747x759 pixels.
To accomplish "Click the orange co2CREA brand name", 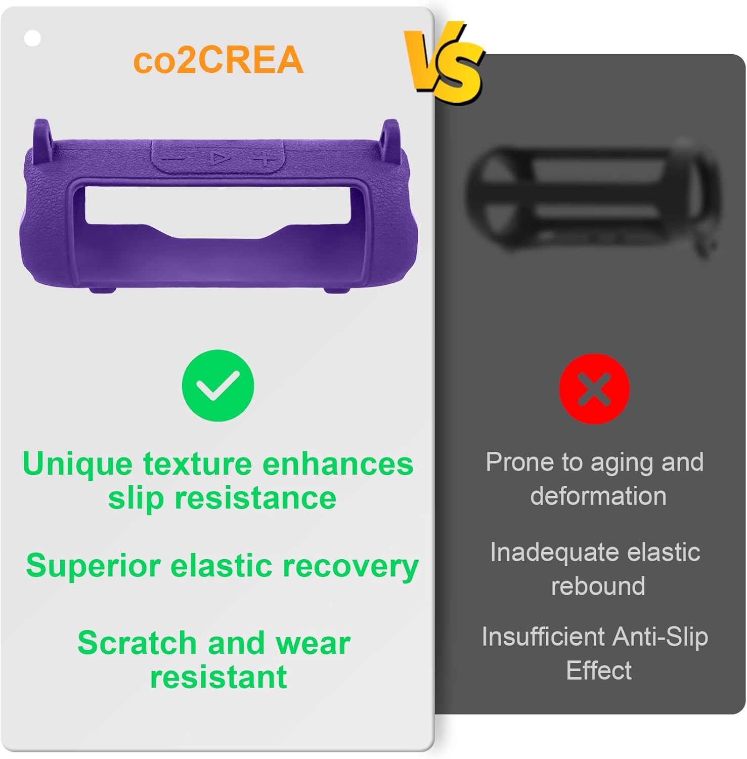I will [218, 60].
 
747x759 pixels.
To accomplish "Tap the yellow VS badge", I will [444, 63].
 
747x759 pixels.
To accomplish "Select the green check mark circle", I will [218, 385].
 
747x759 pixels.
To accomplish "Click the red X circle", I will [594, 389].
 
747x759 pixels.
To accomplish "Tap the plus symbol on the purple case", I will [264, 158].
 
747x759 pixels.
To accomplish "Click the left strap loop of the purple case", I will [42, 134].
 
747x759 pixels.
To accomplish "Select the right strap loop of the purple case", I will [390, 135].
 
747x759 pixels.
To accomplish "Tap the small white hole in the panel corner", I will [32, 38].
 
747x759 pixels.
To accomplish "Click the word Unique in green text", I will [77, 464].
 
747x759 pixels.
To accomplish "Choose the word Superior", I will [94, 565].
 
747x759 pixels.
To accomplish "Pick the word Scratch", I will [137, 643].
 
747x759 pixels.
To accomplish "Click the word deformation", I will [598, 496].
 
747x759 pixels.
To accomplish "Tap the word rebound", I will [598, 586].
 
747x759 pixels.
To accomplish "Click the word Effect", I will [599, 671].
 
